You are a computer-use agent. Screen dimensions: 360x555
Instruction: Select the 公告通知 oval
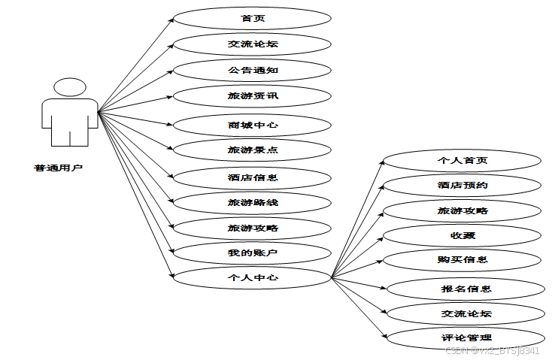253,71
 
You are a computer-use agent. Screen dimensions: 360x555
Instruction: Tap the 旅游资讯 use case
253,96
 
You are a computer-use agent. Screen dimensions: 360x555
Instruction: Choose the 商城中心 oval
253,124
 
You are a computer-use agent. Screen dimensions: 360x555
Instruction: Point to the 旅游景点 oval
253,150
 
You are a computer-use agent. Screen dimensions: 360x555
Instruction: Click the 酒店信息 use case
253,178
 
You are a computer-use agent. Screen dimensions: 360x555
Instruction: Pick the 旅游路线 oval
253,202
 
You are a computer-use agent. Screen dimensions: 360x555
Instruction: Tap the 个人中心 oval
253,277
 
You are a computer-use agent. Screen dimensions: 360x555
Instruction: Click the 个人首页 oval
462,161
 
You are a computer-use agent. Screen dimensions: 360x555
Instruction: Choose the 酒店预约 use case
462,185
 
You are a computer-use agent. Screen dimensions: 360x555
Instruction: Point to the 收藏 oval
462,236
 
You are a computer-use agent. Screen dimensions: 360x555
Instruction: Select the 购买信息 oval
462,261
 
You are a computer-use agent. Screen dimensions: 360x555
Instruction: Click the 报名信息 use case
466,289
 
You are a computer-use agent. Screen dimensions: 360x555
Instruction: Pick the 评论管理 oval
466,338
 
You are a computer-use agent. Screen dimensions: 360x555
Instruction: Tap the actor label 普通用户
58,168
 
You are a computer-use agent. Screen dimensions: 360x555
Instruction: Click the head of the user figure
69,88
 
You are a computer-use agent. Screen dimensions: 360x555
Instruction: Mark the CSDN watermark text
493,351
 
